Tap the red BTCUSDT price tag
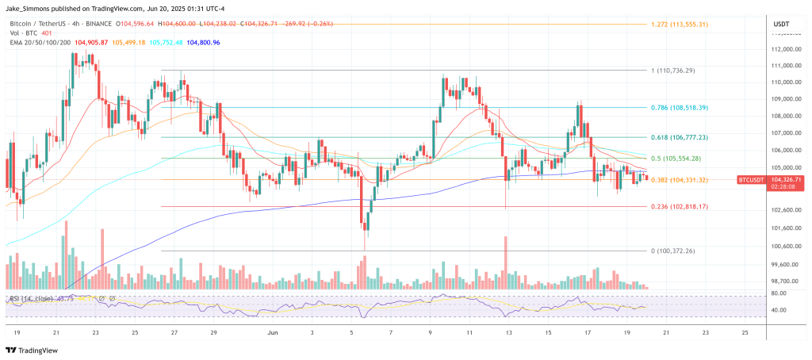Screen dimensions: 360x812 (755, 181)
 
